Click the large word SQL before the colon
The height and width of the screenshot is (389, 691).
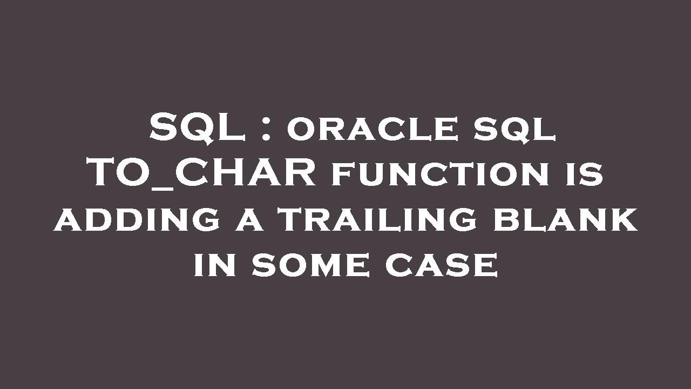(x=197, y=129)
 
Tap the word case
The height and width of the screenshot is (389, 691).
(x=441, y=266)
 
